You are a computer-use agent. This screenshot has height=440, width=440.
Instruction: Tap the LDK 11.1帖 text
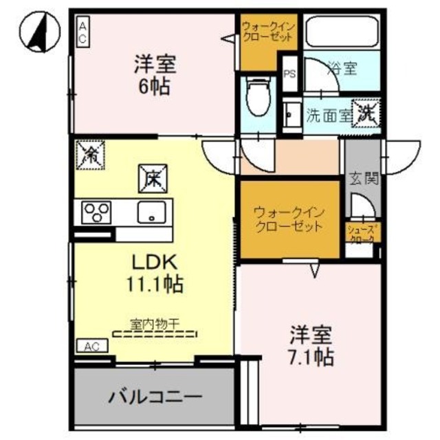click(x=155, y=273)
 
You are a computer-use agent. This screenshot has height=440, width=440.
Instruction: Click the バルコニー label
click(x=155, y=397)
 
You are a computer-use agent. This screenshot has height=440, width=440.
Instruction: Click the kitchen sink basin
click(x=148, y=212)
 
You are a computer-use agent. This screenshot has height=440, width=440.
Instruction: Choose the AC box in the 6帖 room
click(x=82, y=32)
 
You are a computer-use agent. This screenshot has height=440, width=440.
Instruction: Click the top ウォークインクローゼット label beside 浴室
click(x=268, y=32)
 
